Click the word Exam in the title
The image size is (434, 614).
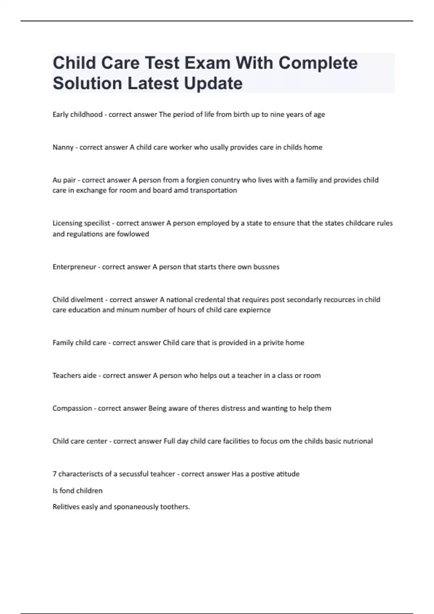(x=207, y=63)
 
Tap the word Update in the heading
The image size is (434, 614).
(x=213, y=83)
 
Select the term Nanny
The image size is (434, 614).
(x=63, y=147)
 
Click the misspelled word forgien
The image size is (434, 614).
(x=198, y=180)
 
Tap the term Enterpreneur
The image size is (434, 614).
(x=74, y=267)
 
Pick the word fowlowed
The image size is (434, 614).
(x=135, y=234)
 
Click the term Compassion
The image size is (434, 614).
(x=72, y=408)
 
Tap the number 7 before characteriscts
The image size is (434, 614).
(x=54, y=474)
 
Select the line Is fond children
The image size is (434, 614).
(x=77, y=491)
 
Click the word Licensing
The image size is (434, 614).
(x=67, y=223)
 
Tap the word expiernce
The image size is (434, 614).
(x=255, y=310)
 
